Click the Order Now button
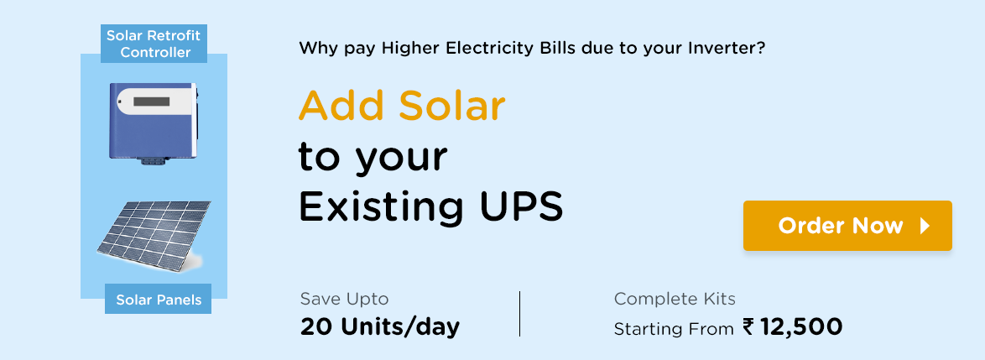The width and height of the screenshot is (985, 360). pos(847,226)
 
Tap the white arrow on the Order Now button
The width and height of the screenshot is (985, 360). pos(925,226)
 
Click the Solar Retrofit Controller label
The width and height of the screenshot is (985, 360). pos(154,44)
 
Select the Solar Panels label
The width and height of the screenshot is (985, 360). pos(159,300)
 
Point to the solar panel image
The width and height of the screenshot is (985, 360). pos(154,236)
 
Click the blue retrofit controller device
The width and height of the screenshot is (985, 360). pos(154,123)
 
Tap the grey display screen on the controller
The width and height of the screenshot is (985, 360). pos(151,102)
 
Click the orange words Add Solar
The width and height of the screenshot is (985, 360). pos(402,107)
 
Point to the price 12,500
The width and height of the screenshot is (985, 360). pos(801,326)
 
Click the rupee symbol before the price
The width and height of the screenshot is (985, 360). pos(748,326)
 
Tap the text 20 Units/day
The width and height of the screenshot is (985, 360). pos(380,326)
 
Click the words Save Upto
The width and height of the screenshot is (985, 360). pos(344,299)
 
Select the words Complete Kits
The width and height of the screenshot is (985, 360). pos(675,299)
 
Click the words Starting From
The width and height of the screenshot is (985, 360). pos(674,329)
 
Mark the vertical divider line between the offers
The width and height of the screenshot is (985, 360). pos(519,314)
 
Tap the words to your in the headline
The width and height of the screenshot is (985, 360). pos(373,159)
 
